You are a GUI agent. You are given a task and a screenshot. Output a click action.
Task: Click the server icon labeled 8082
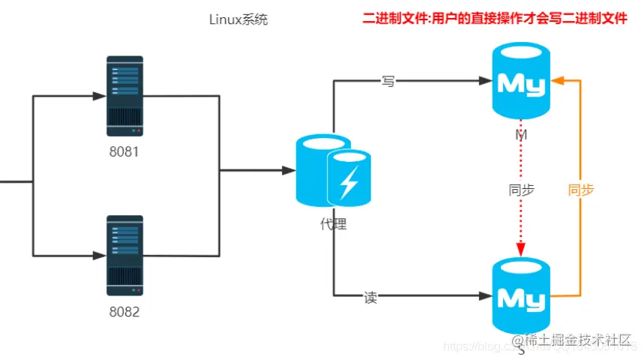[124, 255]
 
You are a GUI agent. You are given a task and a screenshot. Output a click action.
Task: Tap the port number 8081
[124, 151]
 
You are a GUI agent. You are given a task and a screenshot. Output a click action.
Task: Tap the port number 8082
[124, 312]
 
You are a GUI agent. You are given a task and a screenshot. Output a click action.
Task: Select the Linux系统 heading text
[238, 20]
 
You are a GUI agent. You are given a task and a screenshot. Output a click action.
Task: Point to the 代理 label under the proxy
[333, 223]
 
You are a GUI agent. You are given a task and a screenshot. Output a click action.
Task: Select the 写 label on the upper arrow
[388, 81]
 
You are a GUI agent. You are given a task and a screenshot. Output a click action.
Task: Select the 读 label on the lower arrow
[370, 298]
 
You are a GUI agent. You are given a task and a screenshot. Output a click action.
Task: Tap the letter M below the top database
[520, 135]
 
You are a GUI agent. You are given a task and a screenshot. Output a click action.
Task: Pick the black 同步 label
[521, 190]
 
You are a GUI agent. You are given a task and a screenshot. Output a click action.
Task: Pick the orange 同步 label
[581, 190]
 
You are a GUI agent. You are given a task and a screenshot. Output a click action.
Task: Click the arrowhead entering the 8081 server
[99, 95]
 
